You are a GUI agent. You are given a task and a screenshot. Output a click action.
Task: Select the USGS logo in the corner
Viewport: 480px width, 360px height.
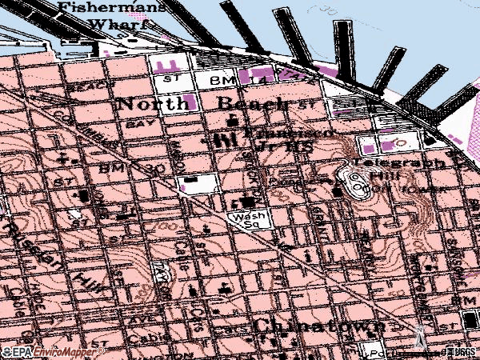coord(459,351)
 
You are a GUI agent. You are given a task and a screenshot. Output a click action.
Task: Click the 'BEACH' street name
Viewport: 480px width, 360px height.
coord(83,86)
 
